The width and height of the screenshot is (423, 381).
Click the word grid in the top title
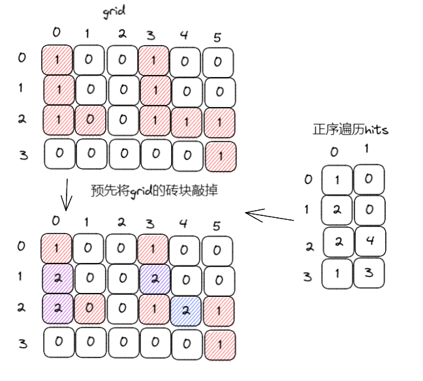click(114, 11)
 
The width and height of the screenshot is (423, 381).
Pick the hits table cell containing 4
click(369, 241)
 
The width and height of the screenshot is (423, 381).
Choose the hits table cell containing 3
click(369, 273)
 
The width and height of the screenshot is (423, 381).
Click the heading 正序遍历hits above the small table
click(351, 129)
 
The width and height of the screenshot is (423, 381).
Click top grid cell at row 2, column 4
click(186, 122)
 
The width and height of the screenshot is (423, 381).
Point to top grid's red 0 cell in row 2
click(89, 122)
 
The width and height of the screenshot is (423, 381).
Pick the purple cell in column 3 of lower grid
click(155, 277)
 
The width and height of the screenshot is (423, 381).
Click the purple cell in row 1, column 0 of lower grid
click(58, 277)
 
